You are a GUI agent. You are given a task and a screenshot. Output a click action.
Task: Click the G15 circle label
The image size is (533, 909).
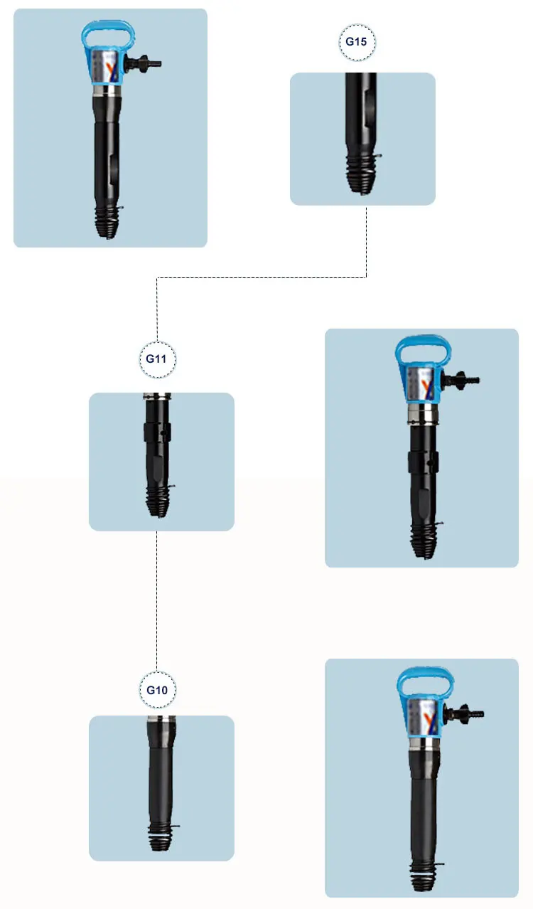tap(356, 41)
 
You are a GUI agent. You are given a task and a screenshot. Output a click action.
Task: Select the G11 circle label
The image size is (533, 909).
tap(156, 358)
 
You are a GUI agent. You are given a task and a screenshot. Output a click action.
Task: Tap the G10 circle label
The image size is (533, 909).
tap(156, 690)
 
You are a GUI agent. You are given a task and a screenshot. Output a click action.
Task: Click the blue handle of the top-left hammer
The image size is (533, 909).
tap(108, 32)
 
